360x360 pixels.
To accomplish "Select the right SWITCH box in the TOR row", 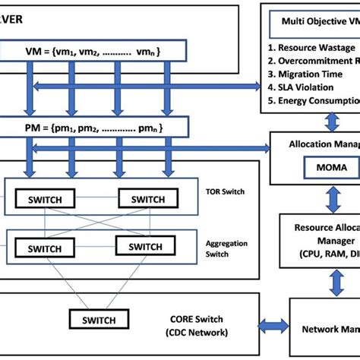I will coord(146,200).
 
